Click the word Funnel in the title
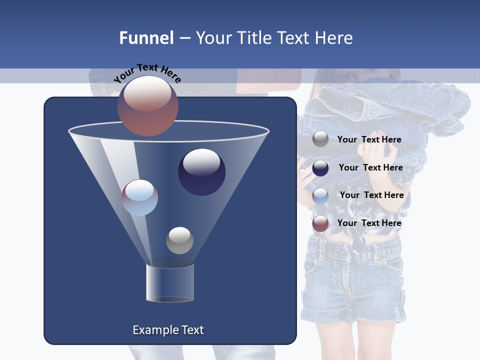[146, 38]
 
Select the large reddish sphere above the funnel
[148, 105]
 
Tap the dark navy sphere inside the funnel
[201, 172]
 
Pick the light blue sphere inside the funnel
[139, 197]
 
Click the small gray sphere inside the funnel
[179, 240]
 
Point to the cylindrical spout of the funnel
[170, 283]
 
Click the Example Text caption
[168, 330]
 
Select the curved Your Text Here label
[147, 73]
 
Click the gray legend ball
[320, 139]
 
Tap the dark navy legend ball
[320, 168]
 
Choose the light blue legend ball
[320, 196]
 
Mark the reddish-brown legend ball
[320, 223]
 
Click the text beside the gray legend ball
[369, 139]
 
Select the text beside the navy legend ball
[370, 167]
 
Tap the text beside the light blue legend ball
[371, 195]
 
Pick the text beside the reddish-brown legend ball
[369, 223]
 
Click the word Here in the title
[334, 38]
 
